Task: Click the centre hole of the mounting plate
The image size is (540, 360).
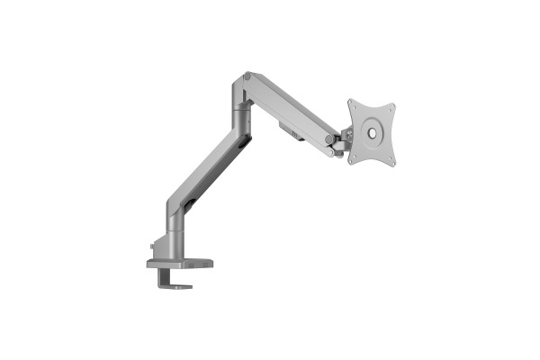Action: pyautogui.click(x=371, y=132)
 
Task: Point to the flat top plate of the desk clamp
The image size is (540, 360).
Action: pyautogui.click(x=180, y=264)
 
